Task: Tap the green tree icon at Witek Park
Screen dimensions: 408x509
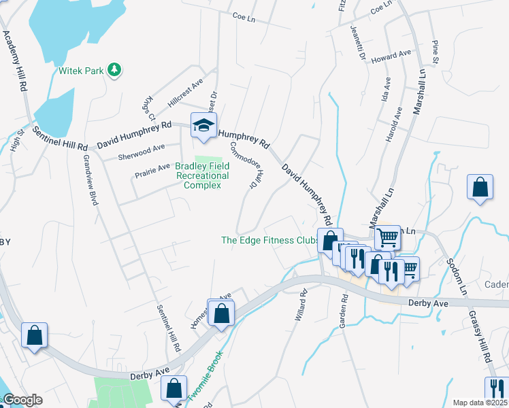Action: pyautogui.click(x=116, y=69)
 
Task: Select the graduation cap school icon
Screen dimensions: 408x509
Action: pyautogui.click(x=203, y=125)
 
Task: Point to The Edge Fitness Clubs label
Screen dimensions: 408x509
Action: pyautogui.click(x=270, y=240)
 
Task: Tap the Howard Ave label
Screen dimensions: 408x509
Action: pyautogui.click(x=396, y=54)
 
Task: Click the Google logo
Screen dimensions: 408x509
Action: pyautogui.click(x=22, y=400)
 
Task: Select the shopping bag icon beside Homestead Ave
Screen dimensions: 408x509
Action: pyautogui.click(x=221, y=313)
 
